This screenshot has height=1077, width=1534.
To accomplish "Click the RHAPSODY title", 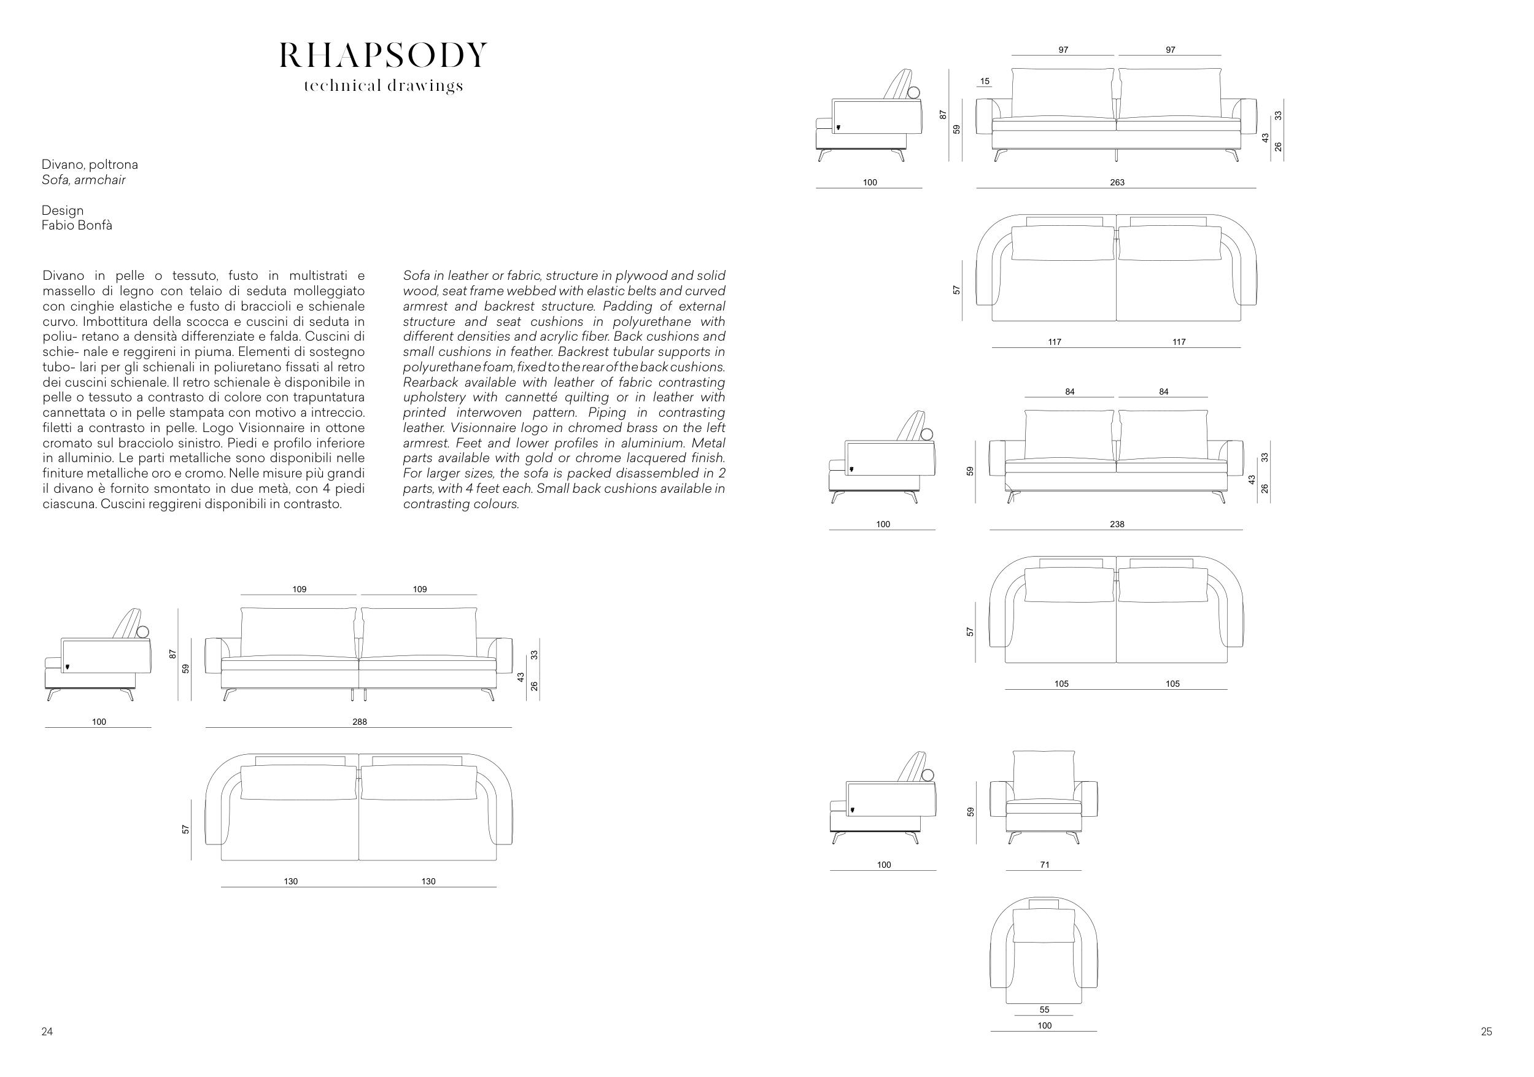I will tap(383, 55).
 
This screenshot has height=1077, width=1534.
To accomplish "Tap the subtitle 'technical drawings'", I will tap(383, 86).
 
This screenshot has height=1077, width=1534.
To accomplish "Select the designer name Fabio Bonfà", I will tap(77, 226).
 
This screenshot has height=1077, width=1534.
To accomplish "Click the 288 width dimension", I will tap(360, 722).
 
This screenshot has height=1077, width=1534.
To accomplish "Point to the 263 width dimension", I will tap(1117, 182).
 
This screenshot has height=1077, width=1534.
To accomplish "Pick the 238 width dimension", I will tap(1117, 525).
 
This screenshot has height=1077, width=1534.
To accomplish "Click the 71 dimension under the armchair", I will tap(1044, 865).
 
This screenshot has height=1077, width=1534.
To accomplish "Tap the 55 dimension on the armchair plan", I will tap(1044, 1009).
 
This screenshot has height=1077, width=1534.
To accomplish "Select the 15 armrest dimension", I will tap(985, 82).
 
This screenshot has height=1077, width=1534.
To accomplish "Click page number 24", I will tap(47, 1032).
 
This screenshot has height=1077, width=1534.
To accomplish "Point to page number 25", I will tap(1486, 1032).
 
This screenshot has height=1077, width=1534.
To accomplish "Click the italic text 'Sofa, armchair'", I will tap(83, 180).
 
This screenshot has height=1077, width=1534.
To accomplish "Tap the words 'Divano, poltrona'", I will tap(90, 164).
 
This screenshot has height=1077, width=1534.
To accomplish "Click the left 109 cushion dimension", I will tap(299, 589).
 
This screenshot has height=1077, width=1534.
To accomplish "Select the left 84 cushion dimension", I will tap(1070, 392).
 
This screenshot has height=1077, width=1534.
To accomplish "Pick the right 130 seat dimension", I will tap(428, 881).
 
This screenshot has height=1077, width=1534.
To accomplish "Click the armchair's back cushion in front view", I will tap(1044, 773).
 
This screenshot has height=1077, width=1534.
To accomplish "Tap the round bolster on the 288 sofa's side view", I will tap(144, 632).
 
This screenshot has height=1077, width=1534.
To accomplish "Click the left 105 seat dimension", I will tap(1061, 684).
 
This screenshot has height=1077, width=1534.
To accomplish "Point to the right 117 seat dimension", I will tap(1179, 342).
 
